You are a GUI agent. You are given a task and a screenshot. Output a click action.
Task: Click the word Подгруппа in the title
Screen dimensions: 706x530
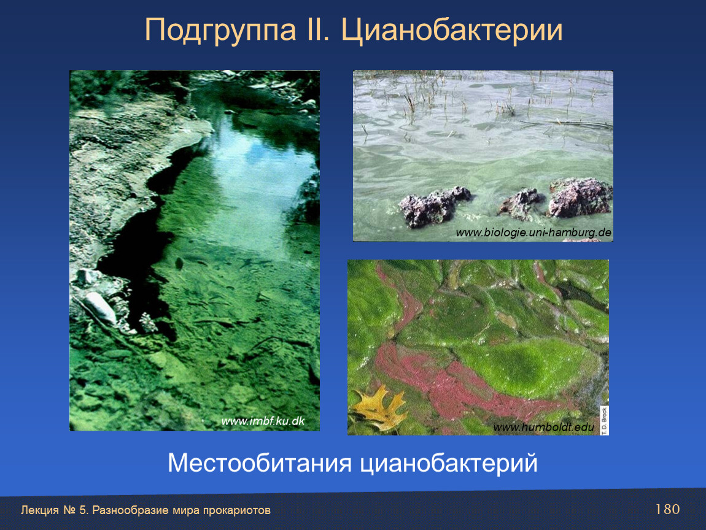220,31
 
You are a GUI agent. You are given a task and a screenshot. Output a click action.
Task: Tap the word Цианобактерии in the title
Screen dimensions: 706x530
452,31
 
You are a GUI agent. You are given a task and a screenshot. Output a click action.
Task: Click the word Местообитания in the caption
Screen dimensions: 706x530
259,463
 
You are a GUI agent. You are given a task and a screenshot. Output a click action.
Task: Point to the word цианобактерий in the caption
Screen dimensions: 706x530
448,463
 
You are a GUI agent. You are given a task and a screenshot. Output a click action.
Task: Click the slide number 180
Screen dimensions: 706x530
667,509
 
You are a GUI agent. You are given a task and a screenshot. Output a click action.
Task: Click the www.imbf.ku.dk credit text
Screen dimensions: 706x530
263,421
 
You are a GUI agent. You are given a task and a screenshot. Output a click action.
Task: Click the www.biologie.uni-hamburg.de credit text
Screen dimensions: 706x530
533,232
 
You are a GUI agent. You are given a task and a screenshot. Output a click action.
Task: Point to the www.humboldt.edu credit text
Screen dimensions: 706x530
543,427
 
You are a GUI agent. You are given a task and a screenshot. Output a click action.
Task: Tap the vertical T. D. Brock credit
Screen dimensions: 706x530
604,420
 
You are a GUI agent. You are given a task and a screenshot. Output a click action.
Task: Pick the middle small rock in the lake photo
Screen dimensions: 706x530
522,204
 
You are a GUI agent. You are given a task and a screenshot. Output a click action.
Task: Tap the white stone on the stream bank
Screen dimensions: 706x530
101,307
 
